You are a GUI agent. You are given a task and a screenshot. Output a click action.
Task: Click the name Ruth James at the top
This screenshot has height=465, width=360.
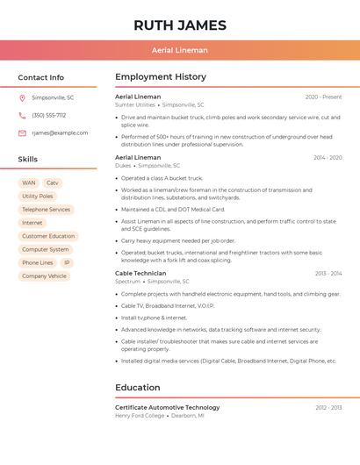click(180, 25)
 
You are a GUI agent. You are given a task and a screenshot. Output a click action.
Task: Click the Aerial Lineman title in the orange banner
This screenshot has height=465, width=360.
click(180, 51)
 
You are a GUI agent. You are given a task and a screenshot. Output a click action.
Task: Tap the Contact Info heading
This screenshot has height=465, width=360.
click(41, 77)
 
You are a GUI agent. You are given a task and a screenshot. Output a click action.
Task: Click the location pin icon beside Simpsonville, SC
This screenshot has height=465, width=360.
click(22, 97)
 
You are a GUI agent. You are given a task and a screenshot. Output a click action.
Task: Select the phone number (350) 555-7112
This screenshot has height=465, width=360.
click(48, 115)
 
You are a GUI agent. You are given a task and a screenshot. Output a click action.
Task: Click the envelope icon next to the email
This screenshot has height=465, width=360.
click(22, 132)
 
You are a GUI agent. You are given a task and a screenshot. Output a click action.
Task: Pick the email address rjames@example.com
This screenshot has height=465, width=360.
click(60, 132)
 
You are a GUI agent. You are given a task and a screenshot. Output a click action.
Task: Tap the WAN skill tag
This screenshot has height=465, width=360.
click(29, 183)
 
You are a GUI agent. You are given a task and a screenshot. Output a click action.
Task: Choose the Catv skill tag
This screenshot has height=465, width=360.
click(53, 183)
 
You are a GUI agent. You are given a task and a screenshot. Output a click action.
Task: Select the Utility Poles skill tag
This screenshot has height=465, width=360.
click(38, 197)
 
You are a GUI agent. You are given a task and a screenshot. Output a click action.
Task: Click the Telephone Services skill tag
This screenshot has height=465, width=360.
click(46, 210)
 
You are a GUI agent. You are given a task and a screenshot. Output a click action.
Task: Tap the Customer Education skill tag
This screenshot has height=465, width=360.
click(48, 236)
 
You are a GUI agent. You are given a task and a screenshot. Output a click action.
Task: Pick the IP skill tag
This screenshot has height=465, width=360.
click(67, 262)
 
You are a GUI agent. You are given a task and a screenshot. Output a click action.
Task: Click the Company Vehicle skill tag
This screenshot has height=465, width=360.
click(44, 275)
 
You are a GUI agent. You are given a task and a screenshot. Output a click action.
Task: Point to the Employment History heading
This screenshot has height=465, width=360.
click(161, 77)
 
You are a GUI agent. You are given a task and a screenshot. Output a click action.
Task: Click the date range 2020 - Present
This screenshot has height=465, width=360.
click(323, 97)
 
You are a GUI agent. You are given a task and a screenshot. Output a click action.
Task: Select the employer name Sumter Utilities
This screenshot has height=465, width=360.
click(135, 104)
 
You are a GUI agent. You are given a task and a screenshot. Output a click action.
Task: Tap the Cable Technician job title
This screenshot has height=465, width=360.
click(140, 273)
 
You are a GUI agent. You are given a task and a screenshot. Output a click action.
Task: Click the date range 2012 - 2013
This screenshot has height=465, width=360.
click(328, 407)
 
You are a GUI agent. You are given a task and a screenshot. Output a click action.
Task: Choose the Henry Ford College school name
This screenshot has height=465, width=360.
click(140, 415)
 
